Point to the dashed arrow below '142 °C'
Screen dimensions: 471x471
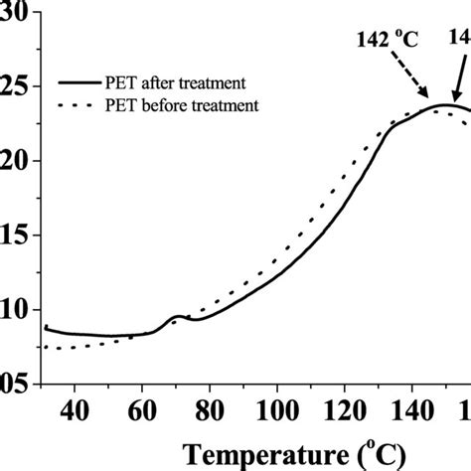(x=415, y=79)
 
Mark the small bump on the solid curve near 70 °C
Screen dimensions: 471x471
(x=178, y=317)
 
